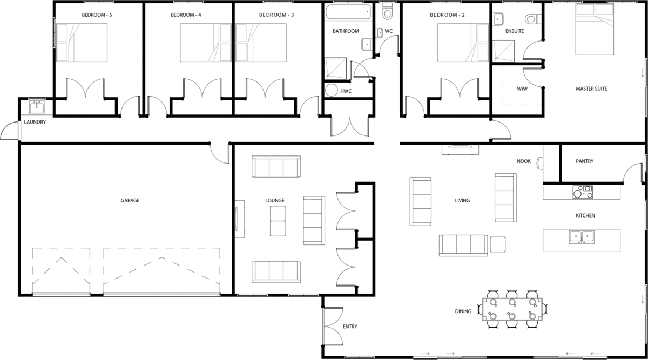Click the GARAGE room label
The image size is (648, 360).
(130, 200)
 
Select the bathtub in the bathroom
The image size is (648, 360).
(348, 12)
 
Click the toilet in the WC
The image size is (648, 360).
(387, 11)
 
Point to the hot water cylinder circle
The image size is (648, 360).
(331, 90)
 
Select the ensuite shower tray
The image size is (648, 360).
(503, 51)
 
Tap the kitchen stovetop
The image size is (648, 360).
(583, 192)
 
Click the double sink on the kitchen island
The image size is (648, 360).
(582, 237)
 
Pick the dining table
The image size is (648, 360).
(512, 309)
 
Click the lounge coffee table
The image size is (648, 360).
(278, 221)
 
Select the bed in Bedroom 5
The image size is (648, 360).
(82, 43)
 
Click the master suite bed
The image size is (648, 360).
(595, 29)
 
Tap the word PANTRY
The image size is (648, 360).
(584, 161)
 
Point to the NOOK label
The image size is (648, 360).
(524, 161)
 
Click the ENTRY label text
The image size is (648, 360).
(350, 327)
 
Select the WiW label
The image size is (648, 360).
(522, 89)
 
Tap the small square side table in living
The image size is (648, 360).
(498, 244)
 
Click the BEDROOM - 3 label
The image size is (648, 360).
(276, 15)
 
